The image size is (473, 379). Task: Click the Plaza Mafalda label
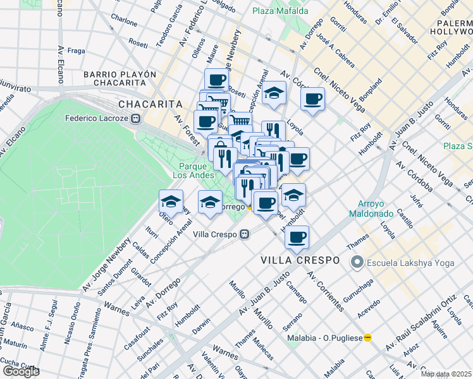(280, 11)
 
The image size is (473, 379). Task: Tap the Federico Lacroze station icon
(135, 117)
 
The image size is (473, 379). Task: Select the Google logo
(21, 371)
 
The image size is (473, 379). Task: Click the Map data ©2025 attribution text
(446, 374)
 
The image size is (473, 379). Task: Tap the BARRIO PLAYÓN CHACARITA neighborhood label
(120, 78)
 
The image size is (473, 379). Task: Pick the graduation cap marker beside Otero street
(171, 201)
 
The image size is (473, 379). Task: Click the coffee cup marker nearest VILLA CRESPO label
(297, 237)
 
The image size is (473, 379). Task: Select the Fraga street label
(75, 51)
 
